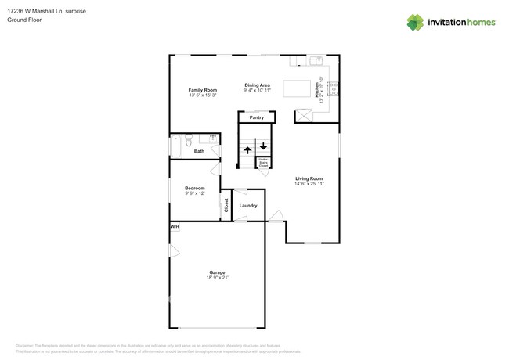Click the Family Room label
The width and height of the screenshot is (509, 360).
coord(202,90)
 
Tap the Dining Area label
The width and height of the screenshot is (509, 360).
coord(257,85)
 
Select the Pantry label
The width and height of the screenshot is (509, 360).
coord(256,117)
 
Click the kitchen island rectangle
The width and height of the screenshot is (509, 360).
coord(298,87)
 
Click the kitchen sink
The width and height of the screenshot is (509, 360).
coord(315,59)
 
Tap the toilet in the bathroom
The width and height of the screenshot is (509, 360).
coord(189,142)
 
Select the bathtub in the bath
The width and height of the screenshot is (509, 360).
coord(176,146)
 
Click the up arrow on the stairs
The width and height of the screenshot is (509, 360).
coord(247,149)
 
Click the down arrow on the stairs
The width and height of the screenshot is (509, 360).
coord(263,146)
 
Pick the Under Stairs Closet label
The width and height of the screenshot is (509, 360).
coord(263,164)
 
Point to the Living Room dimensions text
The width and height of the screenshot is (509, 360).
coord(309,184)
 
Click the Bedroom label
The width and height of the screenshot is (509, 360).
coord(194,188)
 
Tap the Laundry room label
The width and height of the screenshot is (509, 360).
coord(248,206)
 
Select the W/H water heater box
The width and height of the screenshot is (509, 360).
coord(175,227)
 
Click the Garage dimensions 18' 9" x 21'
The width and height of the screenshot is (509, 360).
coord(217,278)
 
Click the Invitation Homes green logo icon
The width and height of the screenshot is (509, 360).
coord(415,22)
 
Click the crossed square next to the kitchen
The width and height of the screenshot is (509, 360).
coord(302,117)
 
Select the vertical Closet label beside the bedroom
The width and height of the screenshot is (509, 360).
coord(226,206)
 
